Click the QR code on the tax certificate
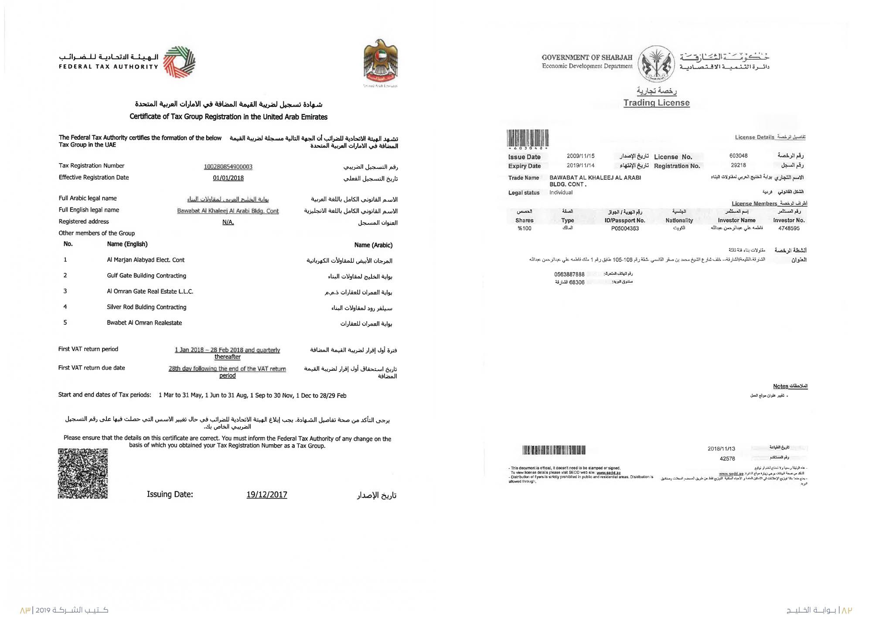click(x=83, y=473)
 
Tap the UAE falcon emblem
click(x=381, y=61)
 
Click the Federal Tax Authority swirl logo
click(x=179, y=62)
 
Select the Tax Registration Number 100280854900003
click(x=228, y=167)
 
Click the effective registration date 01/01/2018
click(x=228, y=178)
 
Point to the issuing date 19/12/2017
click(x=266, y=494)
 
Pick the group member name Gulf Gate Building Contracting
click(x=146, y=276)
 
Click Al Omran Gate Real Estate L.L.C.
click(x=150, y=291)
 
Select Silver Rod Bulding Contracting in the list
click(x=146, y=307)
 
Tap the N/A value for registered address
click(x=228, y=222)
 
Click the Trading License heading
click(x=656, y=103)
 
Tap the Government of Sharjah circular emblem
click(x=656, y=64)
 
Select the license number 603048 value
click(x=738, y=156)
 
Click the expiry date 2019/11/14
click(x=580, y=166)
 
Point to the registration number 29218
click(x=738, y=165)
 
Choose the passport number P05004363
click(x=625, y=229)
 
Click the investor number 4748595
click(x=789, y=229)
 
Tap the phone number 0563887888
click(x=569, y=274)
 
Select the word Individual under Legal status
click(x=561, y=192)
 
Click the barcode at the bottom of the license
click(x=554, y=450)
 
